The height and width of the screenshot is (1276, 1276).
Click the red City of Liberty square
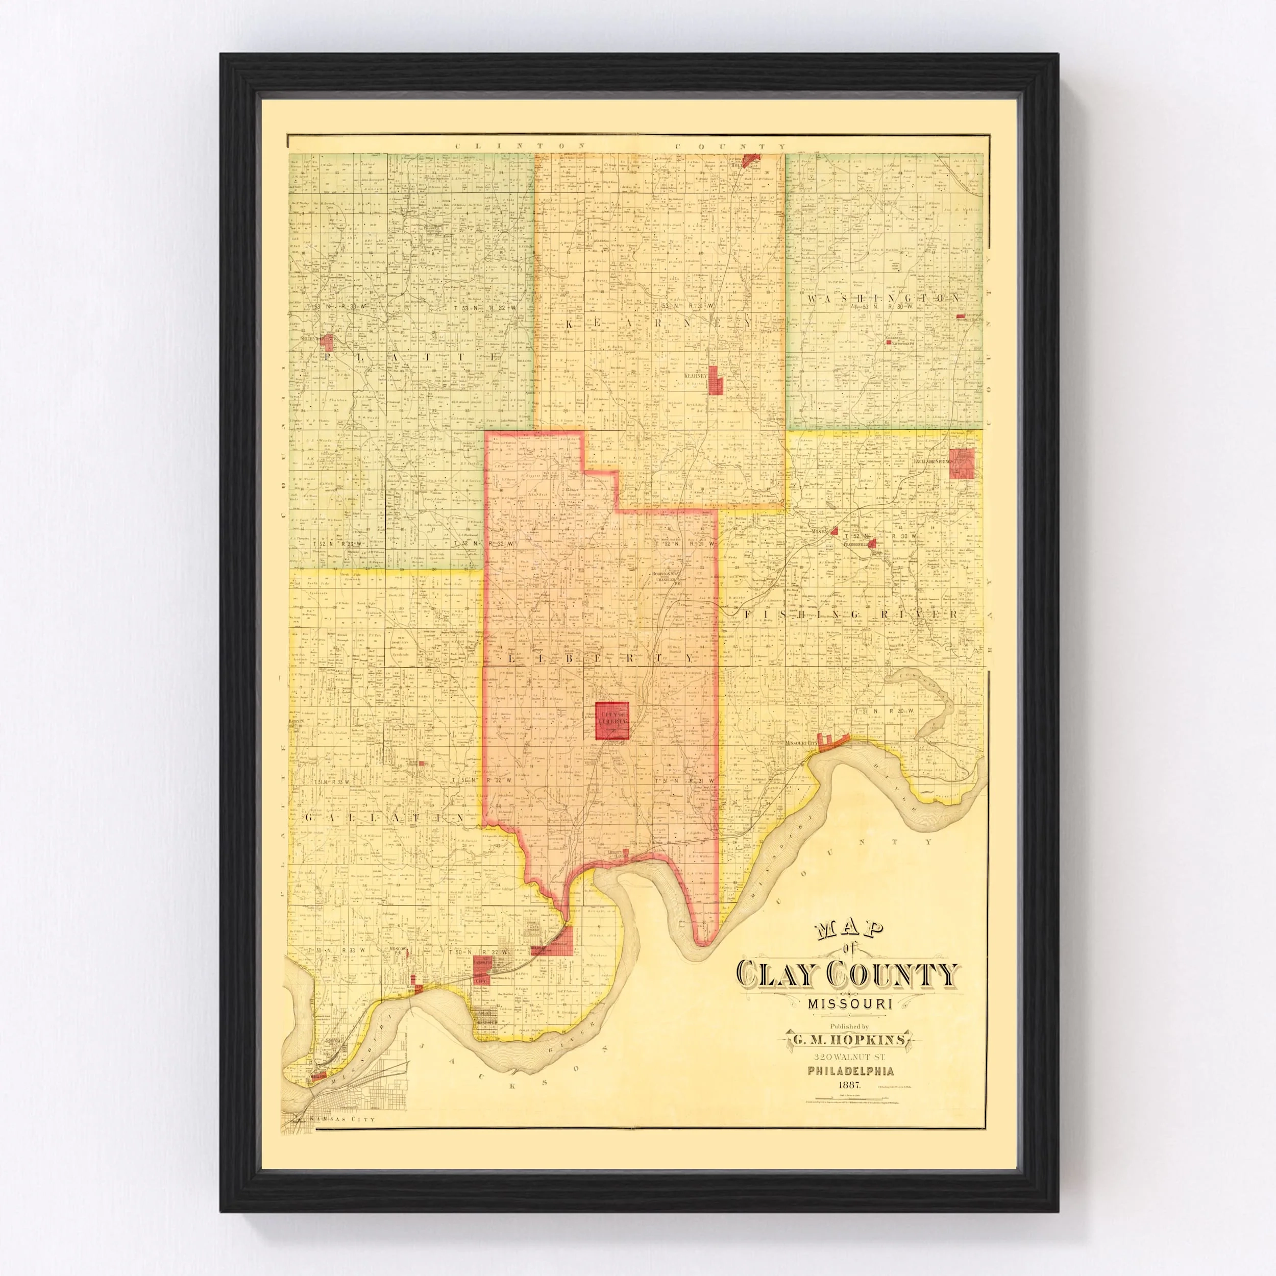pyautogui.click(x=611, y=721)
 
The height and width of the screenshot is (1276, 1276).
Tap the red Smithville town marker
pyautogui.click(x=326, y=341)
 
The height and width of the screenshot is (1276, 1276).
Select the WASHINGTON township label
pyautogui.click(x=883, y=299)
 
